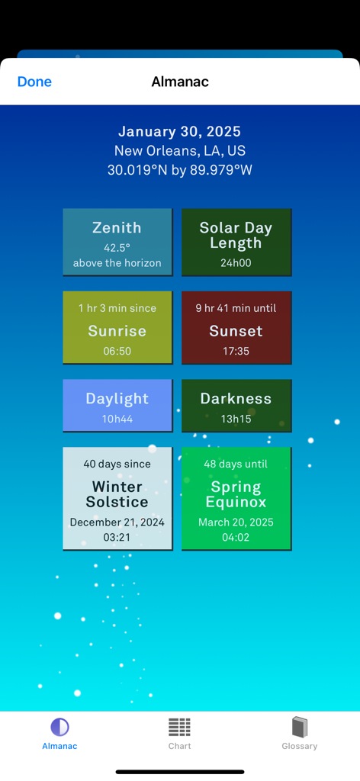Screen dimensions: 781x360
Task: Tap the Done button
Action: point(34,82)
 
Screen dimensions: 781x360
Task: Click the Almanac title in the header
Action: point(180,82)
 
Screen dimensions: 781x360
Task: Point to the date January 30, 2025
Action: point(180,132)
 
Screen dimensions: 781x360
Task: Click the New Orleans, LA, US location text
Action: point(180,151)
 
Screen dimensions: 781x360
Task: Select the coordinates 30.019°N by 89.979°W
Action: point(180,170)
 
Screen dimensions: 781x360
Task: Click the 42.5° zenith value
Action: point(117,248)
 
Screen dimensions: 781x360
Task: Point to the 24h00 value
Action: point(236,263)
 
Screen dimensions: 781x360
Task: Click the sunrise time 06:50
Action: point(117,352)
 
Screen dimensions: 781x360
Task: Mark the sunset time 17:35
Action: point(236,352)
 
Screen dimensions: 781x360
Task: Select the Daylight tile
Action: point(117,406)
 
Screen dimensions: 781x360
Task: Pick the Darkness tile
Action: point(236,406)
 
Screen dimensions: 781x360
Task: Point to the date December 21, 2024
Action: point(117,522)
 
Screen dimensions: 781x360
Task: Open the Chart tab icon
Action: point(180,727)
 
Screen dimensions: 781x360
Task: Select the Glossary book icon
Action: point(300,727)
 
